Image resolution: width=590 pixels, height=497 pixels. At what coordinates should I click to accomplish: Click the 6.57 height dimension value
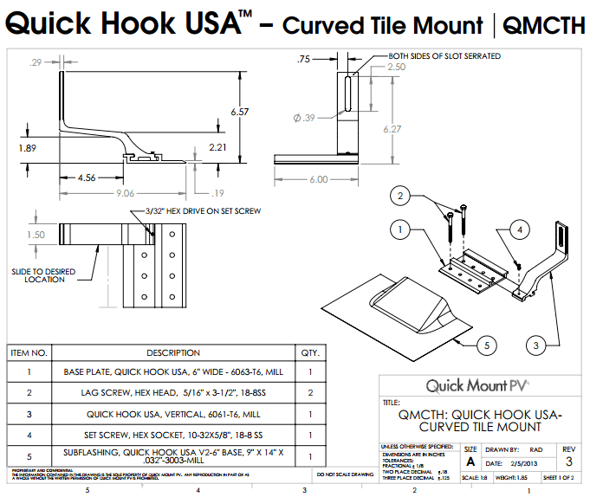pos(240,113)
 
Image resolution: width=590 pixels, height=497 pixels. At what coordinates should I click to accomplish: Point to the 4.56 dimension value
pos(87,177)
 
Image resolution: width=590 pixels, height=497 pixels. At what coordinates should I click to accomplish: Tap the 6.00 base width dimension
pos(318,179)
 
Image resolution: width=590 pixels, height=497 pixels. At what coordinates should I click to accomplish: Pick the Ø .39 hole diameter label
pos(304,118)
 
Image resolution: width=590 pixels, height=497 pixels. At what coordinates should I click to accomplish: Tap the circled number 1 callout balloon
pos(399,230)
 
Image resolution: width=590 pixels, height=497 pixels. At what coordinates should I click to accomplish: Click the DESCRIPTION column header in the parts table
pos(173,353)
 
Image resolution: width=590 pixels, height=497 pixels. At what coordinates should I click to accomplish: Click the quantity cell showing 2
pos(308,392)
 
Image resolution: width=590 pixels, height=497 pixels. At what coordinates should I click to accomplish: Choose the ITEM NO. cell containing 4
pos(29,435)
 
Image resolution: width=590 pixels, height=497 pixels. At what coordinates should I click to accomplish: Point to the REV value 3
pos(568,463)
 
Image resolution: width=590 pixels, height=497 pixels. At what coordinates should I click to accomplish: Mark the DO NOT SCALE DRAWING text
pos(345,474)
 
